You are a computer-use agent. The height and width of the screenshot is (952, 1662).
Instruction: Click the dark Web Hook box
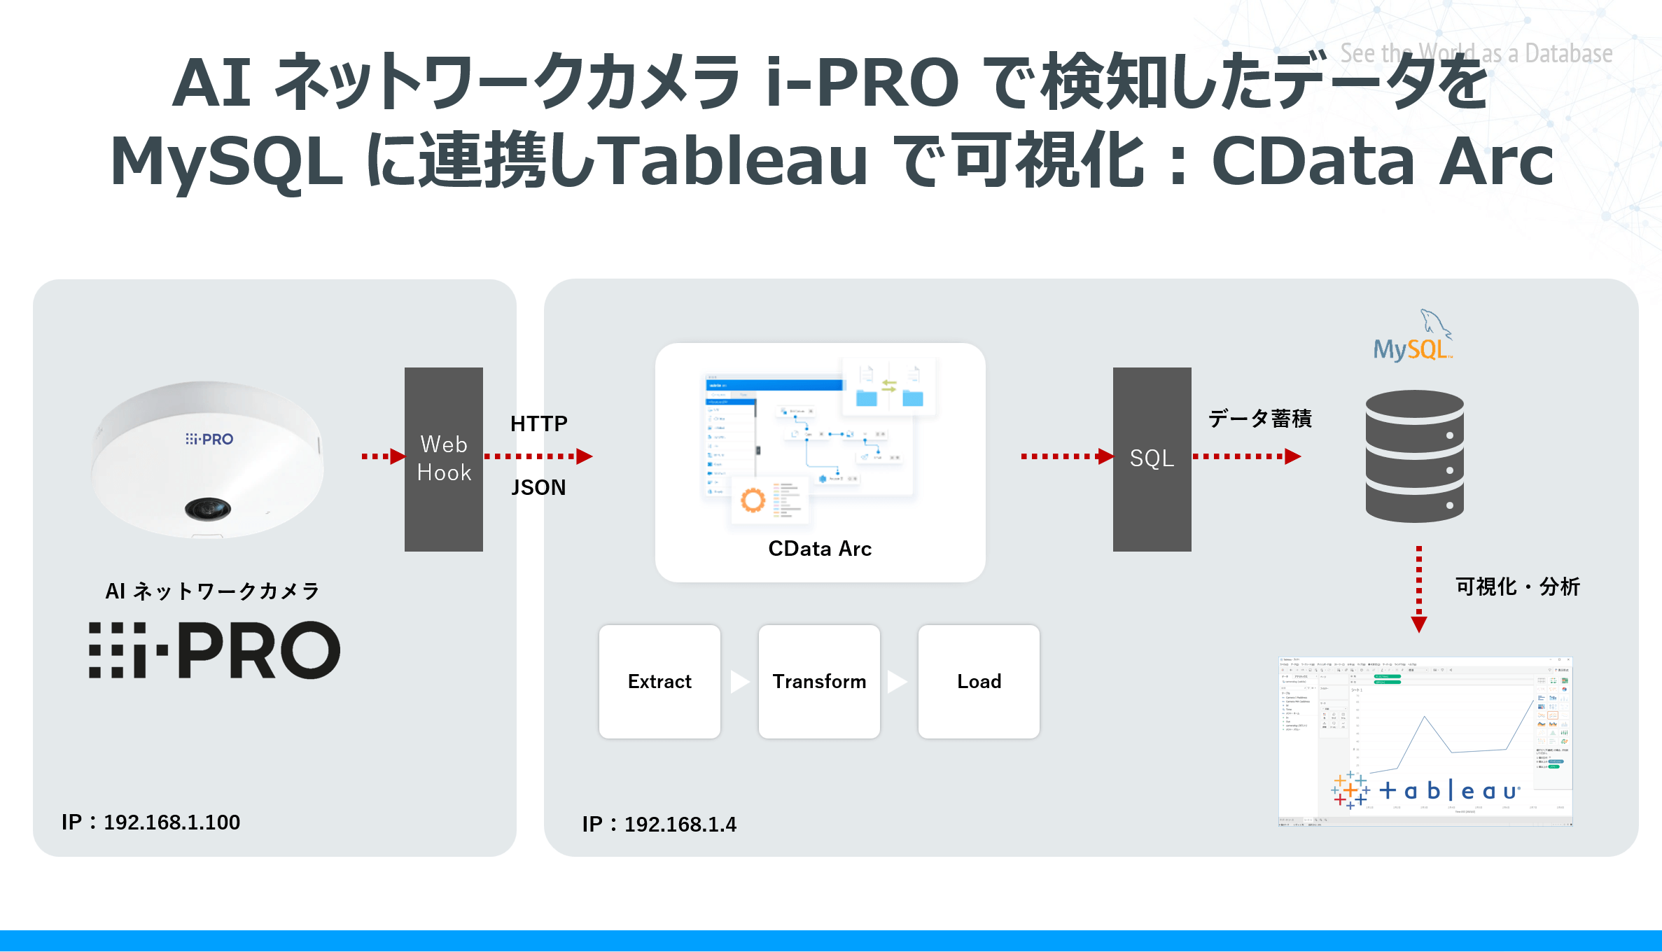(444, 458)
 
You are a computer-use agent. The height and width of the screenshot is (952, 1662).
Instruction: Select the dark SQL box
(1152, 458)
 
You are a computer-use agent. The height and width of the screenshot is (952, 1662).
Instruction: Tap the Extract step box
(659, 681)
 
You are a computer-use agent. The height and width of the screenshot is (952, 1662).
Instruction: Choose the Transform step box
(819, 681)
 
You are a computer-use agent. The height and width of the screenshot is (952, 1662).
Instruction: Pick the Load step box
(979, 681)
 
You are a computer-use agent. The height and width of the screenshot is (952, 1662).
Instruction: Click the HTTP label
(538, 423)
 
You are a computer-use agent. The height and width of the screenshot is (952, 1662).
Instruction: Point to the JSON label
(538, 487)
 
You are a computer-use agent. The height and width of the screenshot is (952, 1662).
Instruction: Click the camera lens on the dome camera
(208, 507)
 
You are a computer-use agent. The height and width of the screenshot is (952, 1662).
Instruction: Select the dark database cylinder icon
(1414, 456)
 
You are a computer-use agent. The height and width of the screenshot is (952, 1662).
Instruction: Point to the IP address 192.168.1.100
(151, 822)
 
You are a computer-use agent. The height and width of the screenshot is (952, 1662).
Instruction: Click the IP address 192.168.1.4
(659, 824)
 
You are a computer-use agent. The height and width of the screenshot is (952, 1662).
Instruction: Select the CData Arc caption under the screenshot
(820, 549)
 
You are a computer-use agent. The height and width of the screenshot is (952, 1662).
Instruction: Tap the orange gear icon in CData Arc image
(753, 500)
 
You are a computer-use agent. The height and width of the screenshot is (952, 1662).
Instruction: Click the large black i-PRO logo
(214, 650)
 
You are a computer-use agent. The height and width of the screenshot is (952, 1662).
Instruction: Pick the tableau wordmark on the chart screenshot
(1449, 791)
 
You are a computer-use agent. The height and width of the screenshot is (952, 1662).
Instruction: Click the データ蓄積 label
(1259, 419)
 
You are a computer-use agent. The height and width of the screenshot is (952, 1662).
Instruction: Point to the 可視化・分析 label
(1517, 587)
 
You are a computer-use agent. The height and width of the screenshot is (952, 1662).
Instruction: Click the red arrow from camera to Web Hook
(384, 456)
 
